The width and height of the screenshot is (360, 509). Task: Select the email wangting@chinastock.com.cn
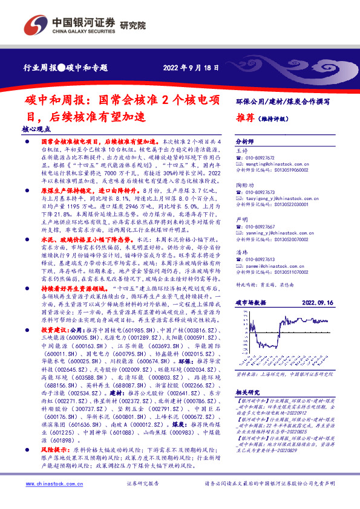[272, 163]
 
